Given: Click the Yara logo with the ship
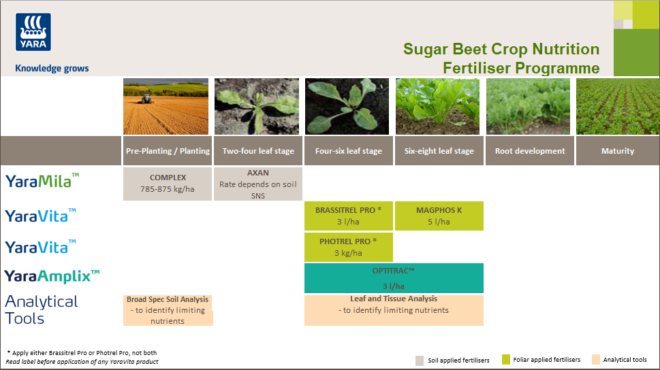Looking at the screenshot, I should [33, 32].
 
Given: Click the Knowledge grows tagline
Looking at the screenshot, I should [52, 68].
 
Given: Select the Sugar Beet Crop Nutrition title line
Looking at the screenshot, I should [501, 50].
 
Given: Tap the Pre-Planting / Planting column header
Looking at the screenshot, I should [168, 151].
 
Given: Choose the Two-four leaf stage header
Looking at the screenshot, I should [258, 151].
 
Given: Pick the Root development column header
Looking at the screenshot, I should [529, 151].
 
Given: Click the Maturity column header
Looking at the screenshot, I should [617, 151].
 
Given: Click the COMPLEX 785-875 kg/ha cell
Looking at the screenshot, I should [168, 184].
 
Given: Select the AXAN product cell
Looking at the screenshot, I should [258, 184].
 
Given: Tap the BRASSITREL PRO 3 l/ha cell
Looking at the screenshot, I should [348, 216].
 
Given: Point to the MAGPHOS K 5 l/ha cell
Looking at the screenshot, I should [439, 216].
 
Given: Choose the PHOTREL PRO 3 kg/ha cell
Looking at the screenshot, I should [348, 247].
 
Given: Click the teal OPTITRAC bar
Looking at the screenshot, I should [394, 278].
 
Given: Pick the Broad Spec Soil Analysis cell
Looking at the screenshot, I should [168, 310].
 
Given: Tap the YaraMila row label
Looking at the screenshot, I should [42, 181].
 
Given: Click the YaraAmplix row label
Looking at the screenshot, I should [52, 275].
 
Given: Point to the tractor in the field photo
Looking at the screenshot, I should [145, 99].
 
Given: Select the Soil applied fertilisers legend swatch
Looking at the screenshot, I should [420, 360].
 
